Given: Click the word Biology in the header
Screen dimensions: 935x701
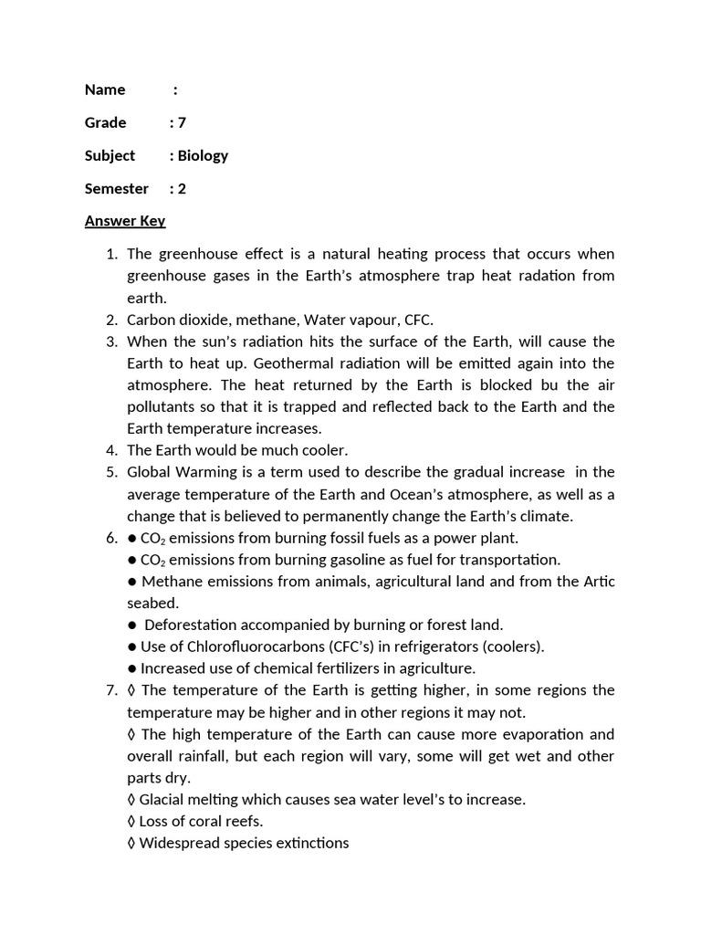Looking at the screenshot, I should tap(203, 155).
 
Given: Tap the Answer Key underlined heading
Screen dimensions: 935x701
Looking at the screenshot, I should tap(125, 221).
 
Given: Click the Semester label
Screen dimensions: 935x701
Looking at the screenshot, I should tap(116, 188).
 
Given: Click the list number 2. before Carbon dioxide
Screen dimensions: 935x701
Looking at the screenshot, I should tap(111, 320).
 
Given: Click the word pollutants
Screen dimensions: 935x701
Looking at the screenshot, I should tap(161, 406).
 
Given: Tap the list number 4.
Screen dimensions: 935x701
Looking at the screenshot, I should tap(111, 450).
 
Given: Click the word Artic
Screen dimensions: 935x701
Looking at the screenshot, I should tap(598, 582).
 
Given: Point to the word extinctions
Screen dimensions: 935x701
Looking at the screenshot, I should tap(309, 843).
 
